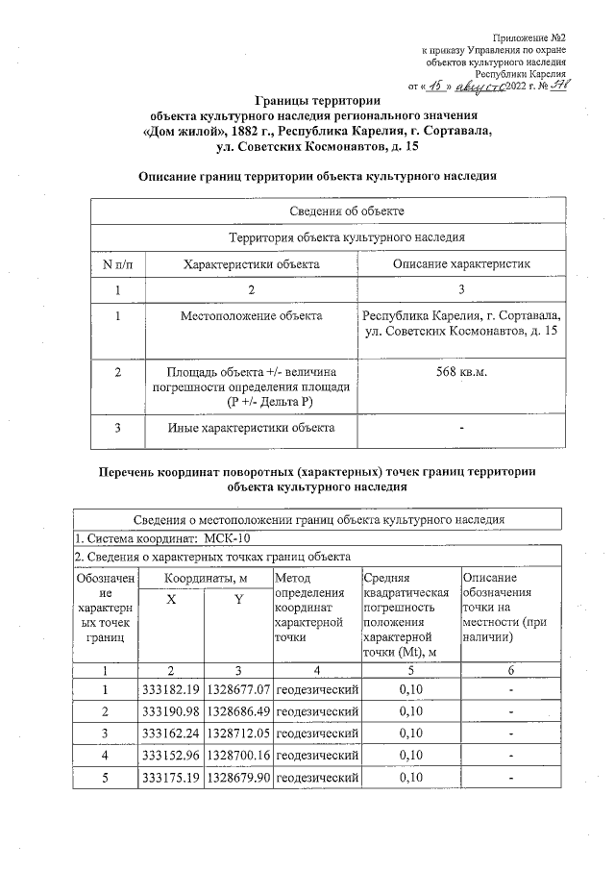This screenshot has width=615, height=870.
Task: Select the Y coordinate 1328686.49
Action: point(237,711)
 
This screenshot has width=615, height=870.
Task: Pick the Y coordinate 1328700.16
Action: point(237,756)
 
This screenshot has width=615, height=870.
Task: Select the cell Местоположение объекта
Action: point(250,316)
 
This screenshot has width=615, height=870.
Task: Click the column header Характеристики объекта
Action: point(250,263)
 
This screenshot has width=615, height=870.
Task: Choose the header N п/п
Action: point(116,263)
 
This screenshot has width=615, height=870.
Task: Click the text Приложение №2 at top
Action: point(533,36)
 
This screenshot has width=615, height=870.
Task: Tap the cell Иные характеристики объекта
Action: point(250,427)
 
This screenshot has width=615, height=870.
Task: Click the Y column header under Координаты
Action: point(237,600)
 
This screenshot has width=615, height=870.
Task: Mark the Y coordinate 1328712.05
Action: point(237,733)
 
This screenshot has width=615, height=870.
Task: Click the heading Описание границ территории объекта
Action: point(317,177)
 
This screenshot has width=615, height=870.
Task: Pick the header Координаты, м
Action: point(204,579)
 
